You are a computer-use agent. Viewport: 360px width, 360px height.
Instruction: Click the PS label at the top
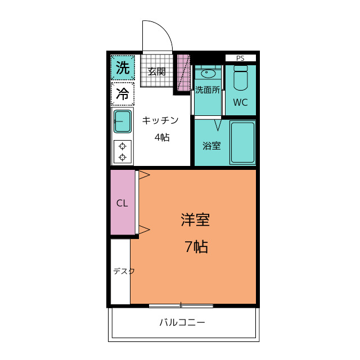point(240,58)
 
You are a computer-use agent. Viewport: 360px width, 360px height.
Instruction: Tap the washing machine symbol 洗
point(123,68)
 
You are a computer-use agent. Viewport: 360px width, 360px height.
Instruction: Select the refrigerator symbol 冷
point(123,94)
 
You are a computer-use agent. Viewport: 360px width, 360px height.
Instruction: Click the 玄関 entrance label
point(156,71)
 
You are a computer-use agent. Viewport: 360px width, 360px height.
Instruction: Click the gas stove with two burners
point(123,151)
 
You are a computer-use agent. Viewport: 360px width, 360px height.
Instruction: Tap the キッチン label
point(160,120)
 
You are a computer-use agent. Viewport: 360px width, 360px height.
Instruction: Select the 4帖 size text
point(162,137)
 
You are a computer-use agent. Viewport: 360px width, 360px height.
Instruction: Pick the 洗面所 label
point(208,89)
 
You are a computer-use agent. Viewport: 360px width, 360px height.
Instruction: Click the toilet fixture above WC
point(240,78)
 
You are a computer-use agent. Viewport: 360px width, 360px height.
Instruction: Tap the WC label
point(240,103)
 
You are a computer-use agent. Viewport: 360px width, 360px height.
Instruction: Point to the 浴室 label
point(211,146)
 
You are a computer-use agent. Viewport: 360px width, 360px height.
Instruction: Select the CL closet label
point(122,203)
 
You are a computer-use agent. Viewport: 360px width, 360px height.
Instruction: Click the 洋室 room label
point(195,220)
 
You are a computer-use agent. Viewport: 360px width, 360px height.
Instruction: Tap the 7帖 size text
point(196,246)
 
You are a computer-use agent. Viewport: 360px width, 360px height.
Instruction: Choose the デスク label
point(124,271)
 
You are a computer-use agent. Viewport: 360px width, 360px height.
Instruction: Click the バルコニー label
point(182,323)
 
